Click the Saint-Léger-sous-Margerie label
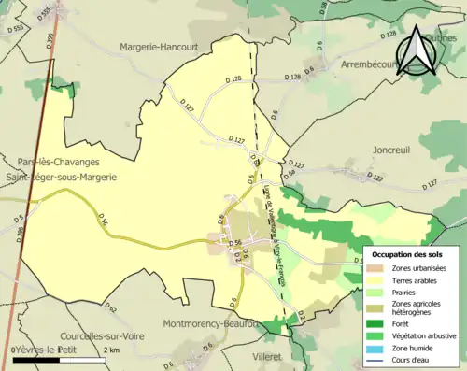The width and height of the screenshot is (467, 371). pyautogui.click(x=68, y=175)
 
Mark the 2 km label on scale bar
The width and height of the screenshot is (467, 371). pyautogui.click(x=112, y=350)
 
